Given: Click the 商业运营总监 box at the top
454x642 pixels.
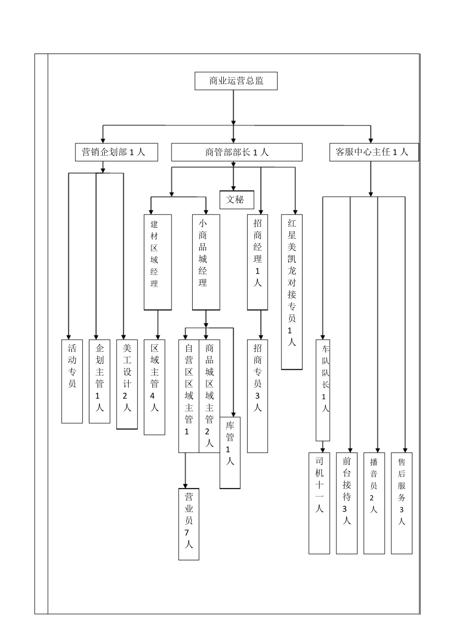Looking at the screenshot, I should pyautogui.click(x=236, y=81).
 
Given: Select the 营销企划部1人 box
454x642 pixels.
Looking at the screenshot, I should pyautogui.click(x=117, y=152).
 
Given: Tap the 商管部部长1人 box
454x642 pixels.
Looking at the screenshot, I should pyautogui.click(x=237, y=152).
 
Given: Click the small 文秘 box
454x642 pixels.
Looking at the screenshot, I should pyautogui.click(x=237, y=200).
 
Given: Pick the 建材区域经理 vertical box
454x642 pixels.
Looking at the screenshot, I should pyautogui.click(x=158, y=261).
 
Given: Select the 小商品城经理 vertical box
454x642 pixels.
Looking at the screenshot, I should pyautogui.click(x=206, y=261).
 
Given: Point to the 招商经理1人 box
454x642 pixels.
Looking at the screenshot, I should pyautogui.click(x=258, y=261).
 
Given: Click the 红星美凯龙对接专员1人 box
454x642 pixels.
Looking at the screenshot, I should pyautogui.click(x=292, y=291).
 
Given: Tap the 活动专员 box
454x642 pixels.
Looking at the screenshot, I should pyautogui.click(x=72, y=381).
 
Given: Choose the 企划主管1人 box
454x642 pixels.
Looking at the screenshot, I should pyautogui.click(x=99, y=381).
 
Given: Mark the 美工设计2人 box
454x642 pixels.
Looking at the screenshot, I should pyautogui.click(x=127, y=384).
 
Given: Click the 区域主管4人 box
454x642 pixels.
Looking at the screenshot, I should pyautogui.click(x=154, y=387).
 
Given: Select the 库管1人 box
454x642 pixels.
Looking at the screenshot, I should pyautogui.click(x=230, y=452).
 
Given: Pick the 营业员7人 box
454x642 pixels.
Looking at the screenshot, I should pyautogui.click(x=189, y=524).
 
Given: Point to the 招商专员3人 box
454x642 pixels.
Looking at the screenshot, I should pyautogui.click(x=258, y=396).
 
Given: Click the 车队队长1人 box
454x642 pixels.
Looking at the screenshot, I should pyautogui.click(x=323, y=390).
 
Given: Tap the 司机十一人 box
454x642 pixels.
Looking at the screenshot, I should pyautogui.click(x=319, y=503).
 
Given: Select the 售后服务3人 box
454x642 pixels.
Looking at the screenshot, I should pyautogui.click(x=401, y=503).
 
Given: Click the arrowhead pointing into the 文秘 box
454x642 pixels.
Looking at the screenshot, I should pyautogui.click(x=234, y=188).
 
